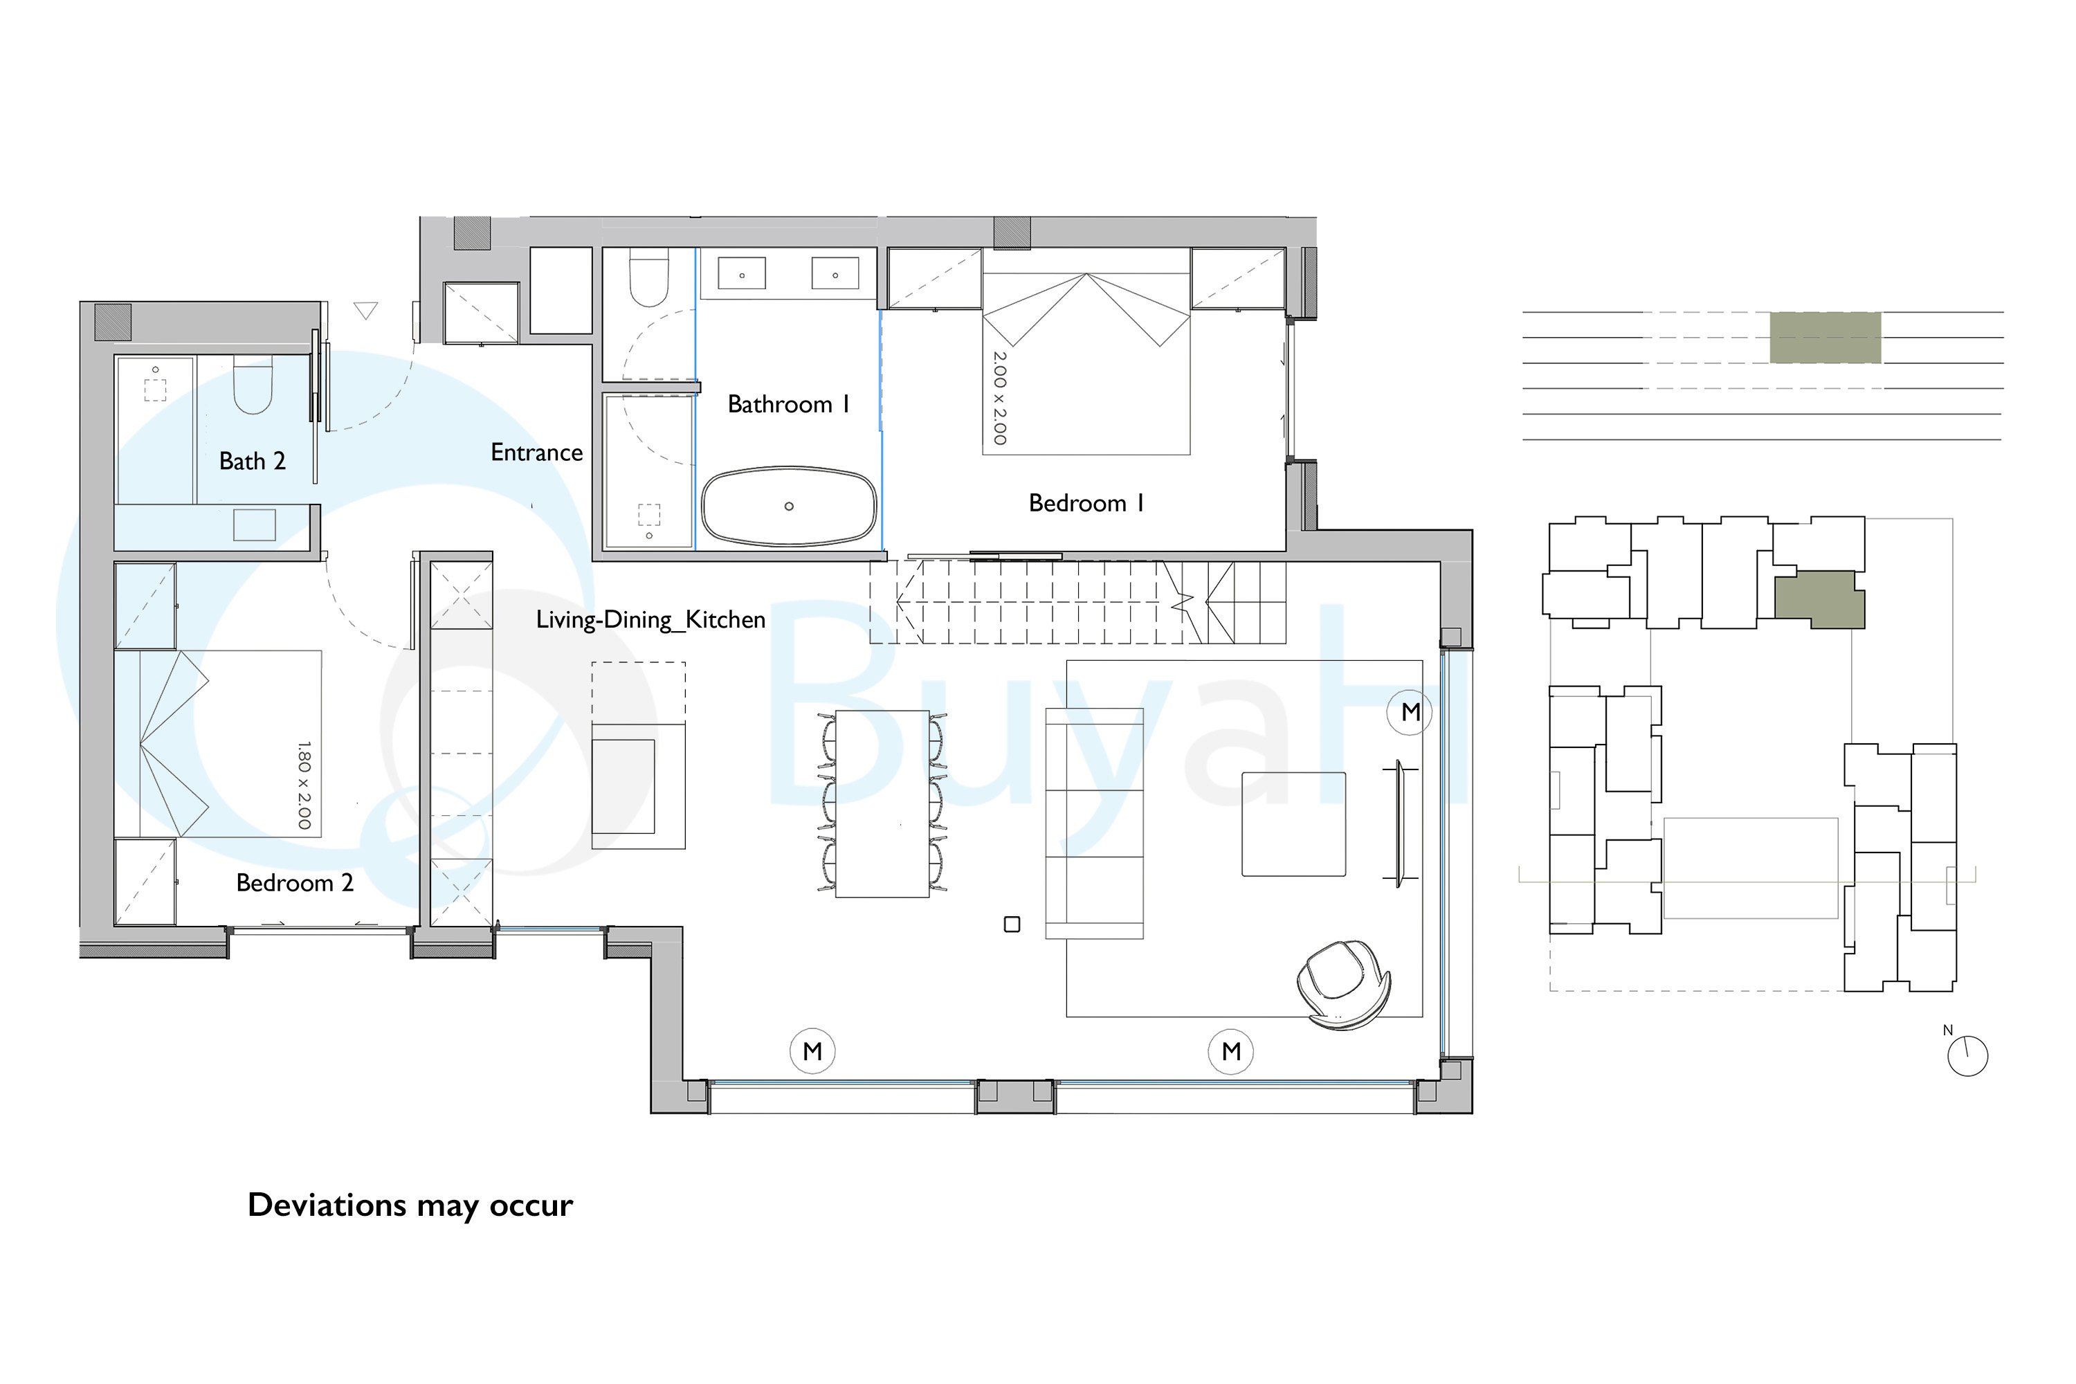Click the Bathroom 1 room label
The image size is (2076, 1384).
(x=788, y=404)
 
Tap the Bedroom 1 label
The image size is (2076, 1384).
(x=1086, y=503)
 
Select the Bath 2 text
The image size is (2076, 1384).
(x=253, y=461)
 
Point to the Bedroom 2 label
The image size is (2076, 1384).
(x=295, y=883)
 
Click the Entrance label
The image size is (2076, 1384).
(x=537, y=453)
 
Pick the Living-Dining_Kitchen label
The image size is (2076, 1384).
(x=650, y=619)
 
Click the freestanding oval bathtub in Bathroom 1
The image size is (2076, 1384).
(x=789, y=506)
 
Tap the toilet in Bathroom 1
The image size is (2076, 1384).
(x=649, y=277)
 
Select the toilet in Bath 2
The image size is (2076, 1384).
(x=253, y=385)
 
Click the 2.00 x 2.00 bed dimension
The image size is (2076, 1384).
(x=999, y=398)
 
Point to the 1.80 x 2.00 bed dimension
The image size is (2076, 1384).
(x=304, y=785)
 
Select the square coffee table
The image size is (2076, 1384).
(x=1294, y=824)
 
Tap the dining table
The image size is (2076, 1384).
(x=882, y=803)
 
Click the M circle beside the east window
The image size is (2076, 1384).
(x=1410, y=711)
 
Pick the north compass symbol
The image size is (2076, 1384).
(x=1967, y=1054)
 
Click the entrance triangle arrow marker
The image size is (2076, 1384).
(x=366, y=310)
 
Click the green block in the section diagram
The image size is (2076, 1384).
(x=1825, y=337)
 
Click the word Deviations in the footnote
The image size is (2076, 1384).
(x=327, y=1205)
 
